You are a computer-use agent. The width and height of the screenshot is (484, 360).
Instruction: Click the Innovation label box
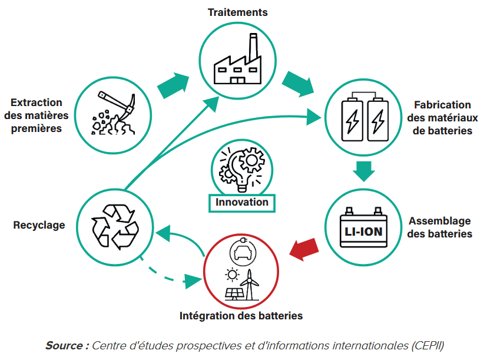pyautogui.click(x=242, y=202)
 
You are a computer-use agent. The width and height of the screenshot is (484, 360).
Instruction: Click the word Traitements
pyautogui.click(x=238, y=12)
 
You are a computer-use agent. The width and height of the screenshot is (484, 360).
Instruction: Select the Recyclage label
pyautogui.click(x=39, y=225)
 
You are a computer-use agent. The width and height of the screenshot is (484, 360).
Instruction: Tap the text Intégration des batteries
pyautogui.click(x=241, y=316)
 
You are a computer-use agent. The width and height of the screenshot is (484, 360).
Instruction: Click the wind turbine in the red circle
pyautogui.click(x=251, y=283)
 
